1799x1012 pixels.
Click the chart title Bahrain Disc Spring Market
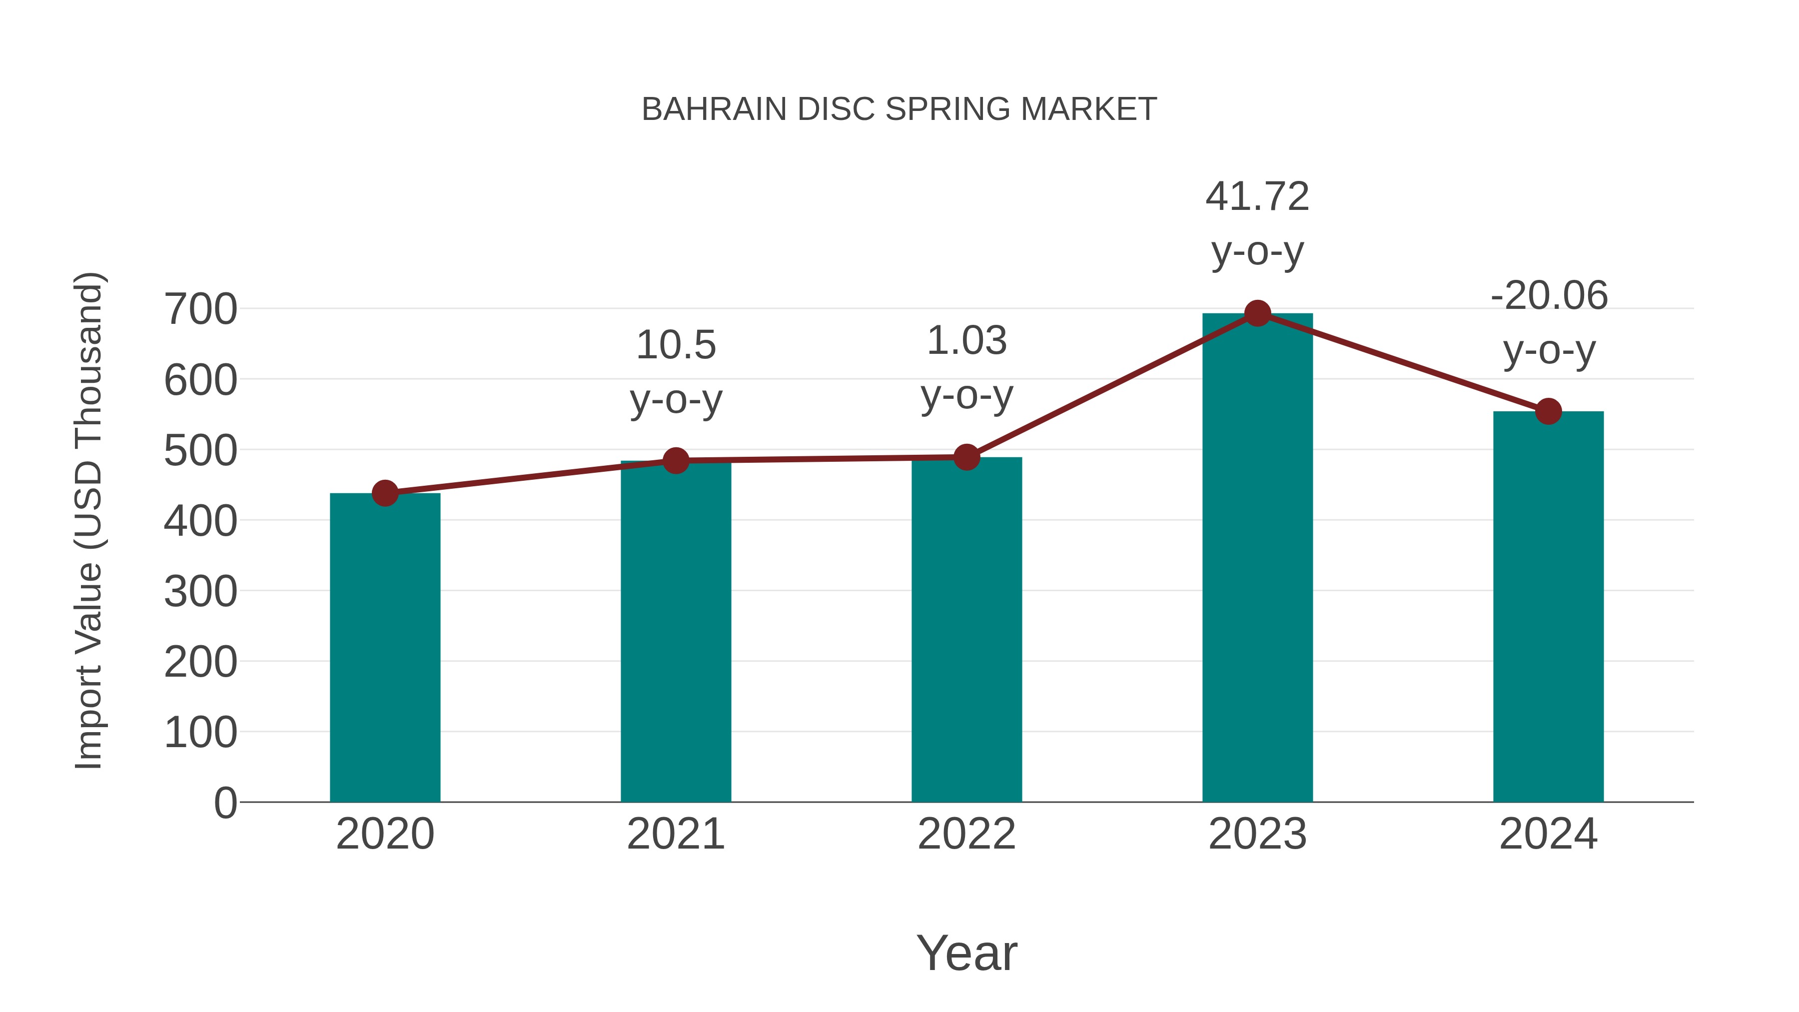[x=899, y=109]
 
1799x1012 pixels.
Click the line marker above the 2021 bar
[x=675, y=460]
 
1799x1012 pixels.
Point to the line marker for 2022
[x=966, y=457]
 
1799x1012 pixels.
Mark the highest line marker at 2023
[x=1257, y=313]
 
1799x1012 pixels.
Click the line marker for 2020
[x=385, y=493]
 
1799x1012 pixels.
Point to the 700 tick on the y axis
[x=200, y=309]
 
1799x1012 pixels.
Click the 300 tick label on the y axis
[x=200, y=592]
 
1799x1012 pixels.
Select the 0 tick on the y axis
[x=225, y=803]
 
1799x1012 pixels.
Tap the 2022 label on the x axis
[x=966, y=834]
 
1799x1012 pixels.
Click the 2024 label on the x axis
[x=1548, y=834]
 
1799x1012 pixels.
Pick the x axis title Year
[x=966, y=953]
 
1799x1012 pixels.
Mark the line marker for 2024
[x=1548, y=411]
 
